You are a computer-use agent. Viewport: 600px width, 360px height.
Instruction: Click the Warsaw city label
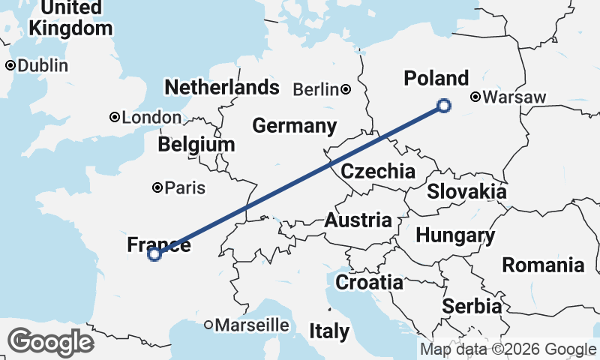tap(515, 97)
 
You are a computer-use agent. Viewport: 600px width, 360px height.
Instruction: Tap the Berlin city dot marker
tap(346, 89)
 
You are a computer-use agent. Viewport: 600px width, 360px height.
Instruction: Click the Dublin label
tap(43, 66)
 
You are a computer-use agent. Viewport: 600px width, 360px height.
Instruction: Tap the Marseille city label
tap(252, 325)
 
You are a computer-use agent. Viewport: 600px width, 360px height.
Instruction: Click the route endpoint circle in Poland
tap(444, 106)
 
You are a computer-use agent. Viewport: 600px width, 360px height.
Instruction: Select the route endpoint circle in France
tap(154, 254)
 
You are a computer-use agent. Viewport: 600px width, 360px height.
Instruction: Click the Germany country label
tap(294, 126)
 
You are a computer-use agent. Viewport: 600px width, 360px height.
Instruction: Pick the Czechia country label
tap(378, 172)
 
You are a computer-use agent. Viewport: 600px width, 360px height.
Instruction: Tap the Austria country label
tap(358, 220)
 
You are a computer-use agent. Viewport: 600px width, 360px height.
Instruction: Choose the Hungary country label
tap(455, 236)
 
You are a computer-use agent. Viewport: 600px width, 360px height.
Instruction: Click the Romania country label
tap(543, 265)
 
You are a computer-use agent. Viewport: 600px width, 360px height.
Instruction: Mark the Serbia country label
tap(472, 306)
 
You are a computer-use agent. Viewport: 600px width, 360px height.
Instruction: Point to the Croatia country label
tap(369, 283)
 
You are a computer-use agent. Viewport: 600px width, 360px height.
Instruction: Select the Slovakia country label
tap(466, 192)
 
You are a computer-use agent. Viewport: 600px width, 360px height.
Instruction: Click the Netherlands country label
tap(222, 88)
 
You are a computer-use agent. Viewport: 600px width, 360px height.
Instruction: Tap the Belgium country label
tap(197, 144)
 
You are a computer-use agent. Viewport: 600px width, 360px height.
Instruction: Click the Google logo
tap(50, 342)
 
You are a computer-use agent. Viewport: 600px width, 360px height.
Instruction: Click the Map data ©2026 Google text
tap(508, 349)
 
